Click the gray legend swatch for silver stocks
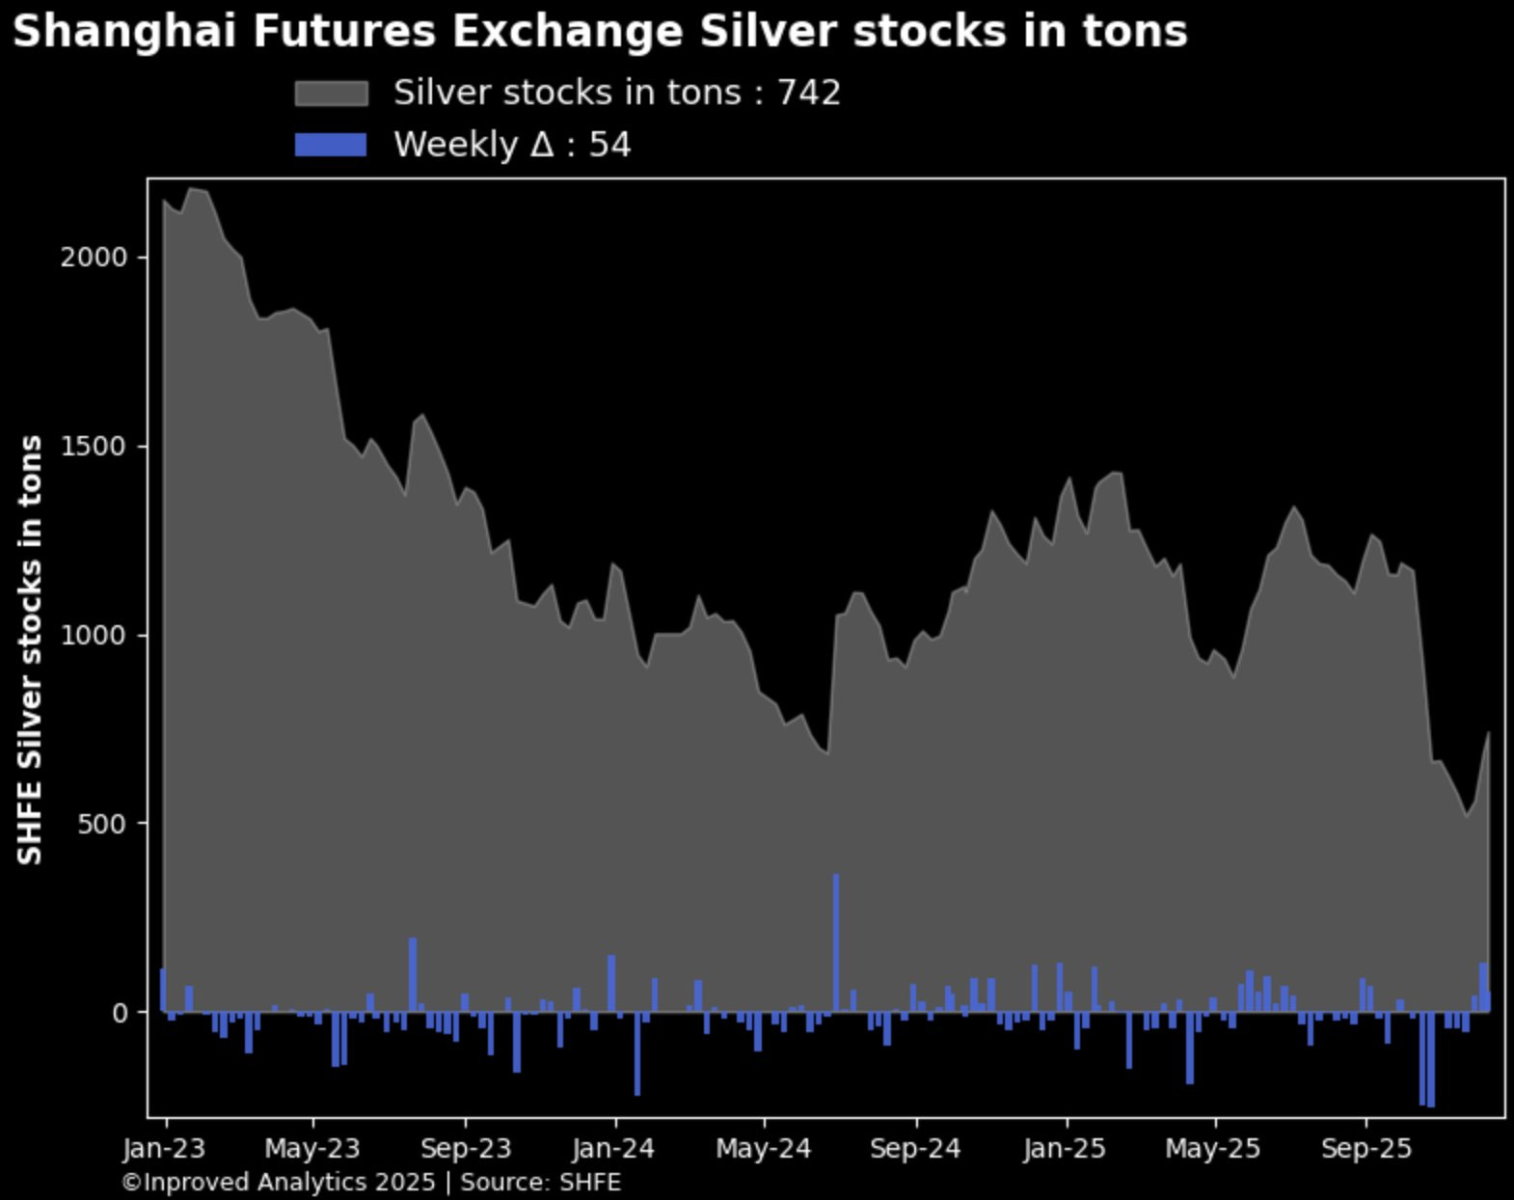pyautogui.click(x=331, y=94)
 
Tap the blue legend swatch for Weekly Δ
pyautogui.click(x=331, y=145)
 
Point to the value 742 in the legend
pyautogui.click(x=809, y=94)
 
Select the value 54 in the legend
pyautogui.click(x=609, y=145)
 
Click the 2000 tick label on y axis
pyautogui.click(x=94, y=258)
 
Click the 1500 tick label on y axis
pyautogui.click(x=94, y=447)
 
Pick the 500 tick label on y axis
pyautogui.click(x=100, y=824)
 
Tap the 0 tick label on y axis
pyautogui.click(x=120, y=1013)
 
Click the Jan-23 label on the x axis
pyautogui.click(x=165, y=1149)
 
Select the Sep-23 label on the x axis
pyautogui.click(x=466, y=1149)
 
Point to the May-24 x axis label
pyautogui.click(x=764, y=1149)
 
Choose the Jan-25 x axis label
pyautogui.click(x=1065, y=1149)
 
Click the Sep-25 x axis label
pyautogui.click(x=1366, y=1149)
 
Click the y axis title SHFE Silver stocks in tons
pyautogui.click(x=31, y=649)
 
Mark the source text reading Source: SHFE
pyautogui.click(x=540, y=1183)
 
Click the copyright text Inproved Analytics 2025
pyautogui.click(x=279, y=1183)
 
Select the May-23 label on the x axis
pyautogui.click(x=312, y=1149)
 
